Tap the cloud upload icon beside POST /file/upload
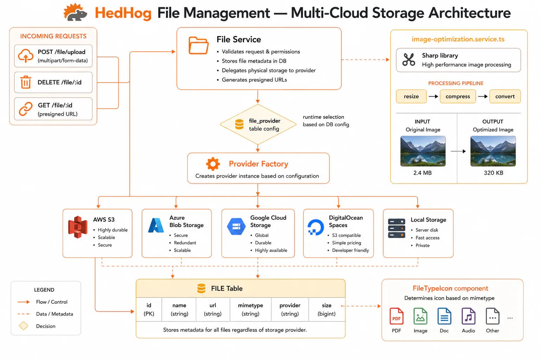point(26,56)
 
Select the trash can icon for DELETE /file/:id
point(26,82)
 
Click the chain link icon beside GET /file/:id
point(26,109)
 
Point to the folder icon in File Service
point(198,45)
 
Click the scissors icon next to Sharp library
point(409,59)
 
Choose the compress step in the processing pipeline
point(457,96)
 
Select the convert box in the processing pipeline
point(505,96)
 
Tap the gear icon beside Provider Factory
point(213,164)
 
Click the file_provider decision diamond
point(258,124)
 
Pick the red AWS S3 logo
point(78,227)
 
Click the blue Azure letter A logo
point(156,225)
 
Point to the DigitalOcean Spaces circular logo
point(316,227)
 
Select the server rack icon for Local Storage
point(397,228)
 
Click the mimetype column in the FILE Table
point(250,309)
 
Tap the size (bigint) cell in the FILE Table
point(327,309)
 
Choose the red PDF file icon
point(396,316)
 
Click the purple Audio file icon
point(468,316)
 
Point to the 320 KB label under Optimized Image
point(493,173)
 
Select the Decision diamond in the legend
point(24,326)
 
